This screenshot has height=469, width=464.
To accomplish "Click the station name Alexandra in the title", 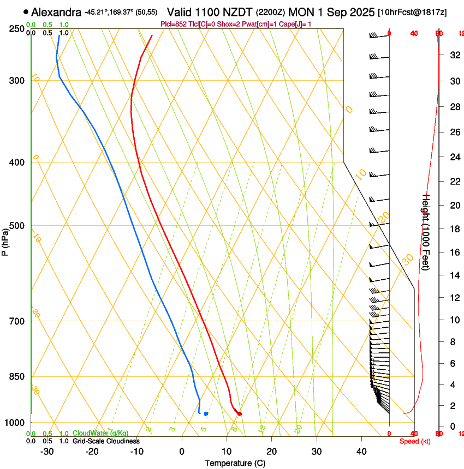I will pyautogui.click(x=57, y=12).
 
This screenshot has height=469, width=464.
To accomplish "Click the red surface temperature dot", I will pyautogui.click(x=239, y=414).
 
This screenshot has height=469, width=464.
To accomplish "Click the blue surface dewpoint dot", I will pyautogui.click(x=206, y=413).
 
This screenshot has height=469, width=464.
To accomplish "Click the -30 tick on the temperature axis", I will pyautogui.click(x=47, y=451).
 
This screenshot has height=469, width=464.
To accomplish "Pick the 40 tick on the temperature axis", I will pyautogui.click(x=361, y=451).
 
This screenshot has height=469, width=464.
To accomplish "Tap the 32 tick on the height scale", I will pyautogui.click(x=453, y=55).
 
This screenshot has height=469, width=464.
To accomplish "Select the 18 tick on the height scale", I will pyautogui.click(x=453, y=229).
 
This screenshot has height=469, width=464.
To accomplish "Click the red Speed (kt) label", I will pyautogui.click(x=415, y=441).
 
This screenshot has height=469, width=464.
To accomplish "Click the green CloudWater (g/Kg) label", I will pyautogui.click(x=100, y=433).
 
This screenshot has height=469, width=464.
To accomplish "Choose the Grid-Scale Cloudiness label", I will pyautogui.click(x=106, y=441).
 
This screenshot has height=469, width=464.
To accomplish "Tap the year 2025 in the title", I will pyautogui.click(x=360, y=12).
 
